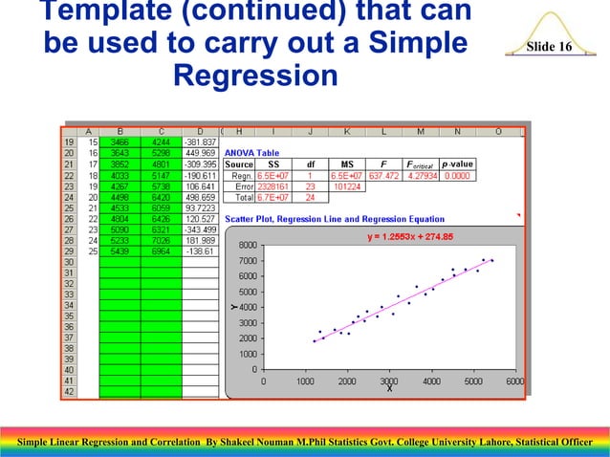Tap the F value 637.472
pyautogui.click(x=383, y=176)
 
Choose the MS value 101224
pyautogui.click(x=346, y=187)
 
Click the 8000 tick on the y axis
pyautogui.click(x=247, y=245)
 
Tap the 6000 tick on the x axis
pyautogui.click(x=514, y=381)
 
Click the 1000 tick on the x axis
pyautogui.click(x=306, y=381)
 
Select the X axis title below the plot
pyautogui.click(x=389, y=388)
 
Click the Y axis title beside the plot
pyautogui.click(x=233, y=307)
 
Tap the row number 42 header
pyautogui.click(x=69, y=391)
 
